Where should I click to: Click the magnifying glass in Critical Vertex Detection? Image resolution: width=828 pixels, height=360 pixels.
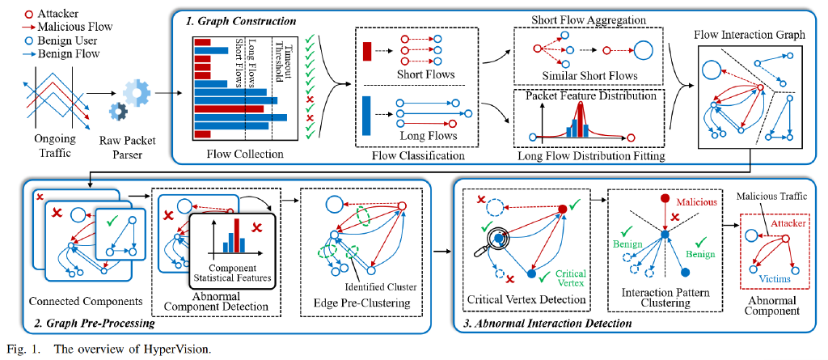(496, 239)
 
